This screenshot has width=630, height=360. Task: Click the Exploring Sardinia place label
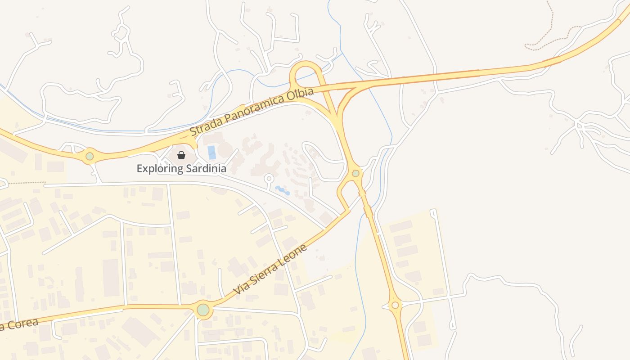point(181,169)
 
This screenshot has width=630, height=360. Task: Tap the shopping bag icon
point(181,155)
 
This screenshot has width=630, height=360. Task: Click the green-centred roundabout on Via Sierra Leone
point(203,310)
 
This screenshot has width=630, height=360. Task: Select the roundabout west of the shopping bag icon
point(90,156)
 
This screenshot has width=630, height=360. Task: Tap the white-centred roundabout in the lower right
point(395,305)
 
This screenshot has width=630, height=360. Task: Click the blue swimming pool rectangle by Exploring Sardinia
point(211,153)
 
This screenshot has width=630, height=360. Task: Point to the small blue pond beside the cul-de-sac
point(283,190)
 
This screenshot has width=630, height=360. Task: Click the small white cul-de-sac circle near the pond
point(269,179)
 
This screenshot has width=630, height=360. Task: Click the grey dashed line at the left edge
point(25,183)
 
